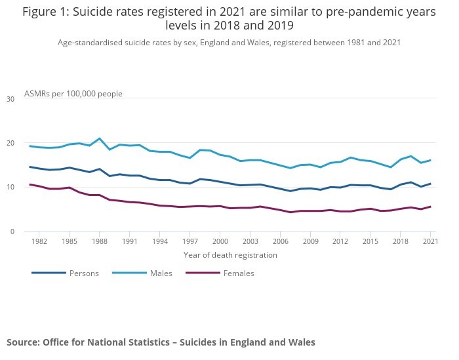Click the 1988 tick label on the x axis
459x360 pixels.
pos(99,241)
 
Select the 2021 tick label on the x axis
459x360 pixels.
pos(430,241)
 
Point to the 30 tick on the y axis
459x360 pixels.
pos(10,99)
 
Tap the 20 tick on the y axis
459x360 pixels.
pos(10,143)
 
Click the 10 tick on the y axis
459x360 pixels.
pos(10,187)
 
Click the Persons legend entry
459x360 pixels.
pos(84,273)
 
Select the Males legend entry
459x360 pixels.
pos(161,273)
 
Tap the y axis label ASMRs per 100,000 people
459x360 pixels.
pos(73,94)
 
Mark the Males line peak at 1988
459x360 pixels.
pos(100,138)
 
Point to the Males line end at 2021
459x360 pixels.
pos(430,160)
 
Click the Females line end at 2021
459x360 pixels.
pos(430,207)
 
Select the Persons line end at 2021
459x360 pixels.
pos(430,184)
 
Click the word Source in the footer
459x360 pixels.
pos(23,342)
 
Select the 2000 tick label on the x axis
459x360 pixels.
pos(220,241)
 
